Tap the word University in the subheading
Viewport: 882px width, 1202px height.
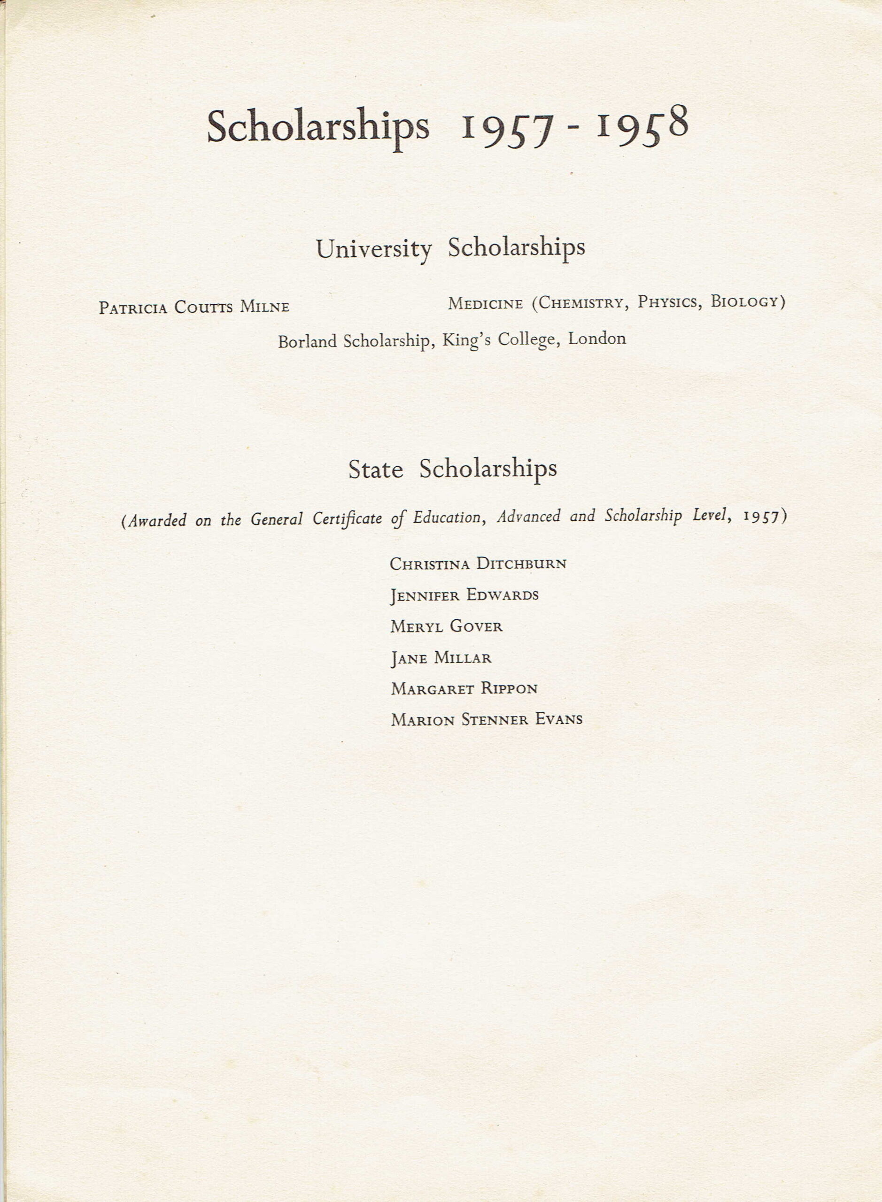coord(374,249)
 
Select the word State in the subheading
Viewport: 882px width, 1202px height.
coord(375,470)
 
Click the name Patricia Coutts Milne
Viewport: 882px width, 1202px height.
coord(194,308)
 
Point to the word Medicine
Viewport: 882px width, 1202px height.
coord(485,304)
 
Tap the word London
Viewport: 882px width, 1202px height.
coord(597,339)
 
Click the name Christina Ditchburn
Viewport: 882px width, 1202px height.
coord(478,563)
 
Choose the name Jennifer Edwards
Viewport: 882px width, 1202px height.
coord(464,595)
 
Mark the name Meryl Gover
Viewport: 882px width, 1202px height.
coord(446,626)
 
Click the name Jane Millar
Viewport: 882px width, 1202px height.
coord(441,657)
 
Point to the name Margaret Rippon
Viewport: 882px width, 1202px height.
coord(464,688)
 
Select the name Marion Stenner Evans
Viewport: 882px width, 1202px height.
coord(487,720)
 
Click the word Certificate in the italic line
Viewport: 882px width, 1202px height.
coord(347,519)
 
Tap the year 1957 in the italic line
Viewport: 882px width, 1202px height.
coord(761,516)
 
